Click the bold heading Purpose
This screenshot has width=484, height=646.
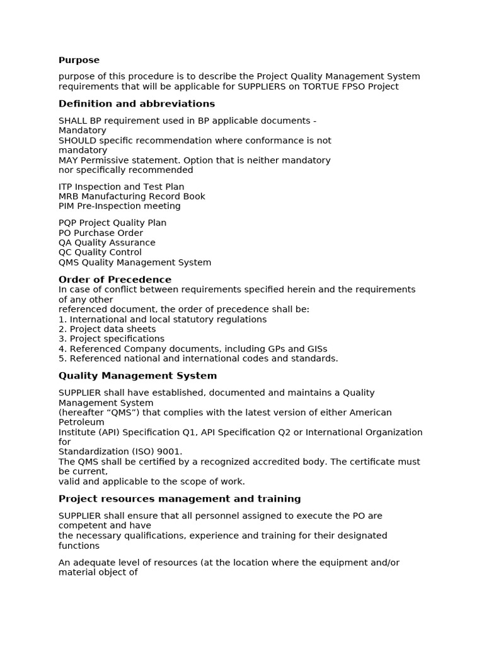pyautogui.click(x=79, y=60)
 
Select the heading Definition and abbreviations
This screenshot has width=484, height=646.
pyautogui.click(x=137, y=103)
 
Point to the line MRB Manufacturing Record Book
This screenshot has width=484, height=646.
pyautogui.click(x=132, y=196)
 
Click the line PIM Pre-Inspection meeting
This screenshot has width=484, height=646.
pyautogui.click(x=119, y=206)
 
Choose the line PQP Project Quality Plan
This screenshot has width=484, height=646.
pyautogui.click(x=112, y=223)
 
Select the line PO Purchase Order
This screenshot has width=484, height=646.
pyautogui.click(x=100, y=233)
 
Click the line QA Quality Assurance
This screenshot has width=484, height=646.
pyautogui.click(x=107, y=243)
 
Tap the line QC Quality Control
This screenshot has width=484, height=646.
pyautogui.click(x=100, y=252)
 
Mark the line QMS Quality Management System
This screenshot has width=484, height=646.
pyautogui.click(x=135, y=262)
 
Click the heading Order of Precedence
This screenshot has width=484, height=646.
pyautogui.click(x=115, y=279)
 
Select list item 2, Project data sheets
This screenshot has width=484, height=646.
pyautogui.click(x=107, y=329)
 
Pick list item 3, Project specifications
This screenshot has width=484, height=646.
pyautogui.click(x=112, y=339)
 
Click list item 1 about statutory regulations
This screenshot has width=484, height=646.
pyautogui.click(x=163, y=319)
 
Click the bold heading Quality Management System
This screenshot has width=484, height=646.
pyautogui.click(x=137, y=375)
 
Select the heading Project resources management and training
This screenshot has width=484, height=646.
pyautogui.click(x=180, y=498)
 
